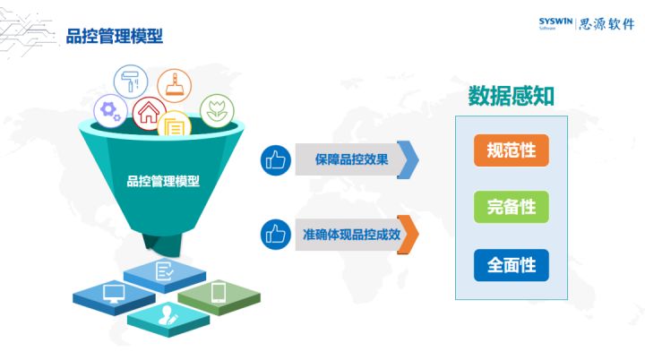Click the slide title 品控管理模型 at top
click(115, 36)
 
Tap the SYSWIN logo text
click(555, 21)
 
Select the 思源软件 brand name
click(606, 24)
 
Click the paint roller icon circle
click(131, 81)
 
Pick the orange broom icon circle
click(174, 86)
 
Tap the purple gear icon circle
click(110, 111)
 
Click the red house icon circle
click(150, 114)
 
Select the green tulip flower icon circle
click(217, 111)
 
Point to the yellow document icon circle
click(175, 124)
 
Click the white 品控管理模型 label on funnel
click(163, 181)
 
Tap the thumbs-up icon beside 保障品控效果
click(276, 160)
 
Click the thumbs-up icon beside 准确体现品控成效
click(276, 234)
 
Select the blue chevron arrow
click(408, 159)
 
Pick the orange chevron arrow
click(408, 234)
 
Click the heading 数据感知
click(512, 97)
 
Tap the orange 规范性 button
click(512, 150)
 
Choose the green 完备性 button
click(512, 207)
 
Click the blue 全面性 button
click(512, 265)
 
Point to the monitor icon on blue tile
click(114, 294)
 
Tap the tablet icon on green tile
click(218, 293)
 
